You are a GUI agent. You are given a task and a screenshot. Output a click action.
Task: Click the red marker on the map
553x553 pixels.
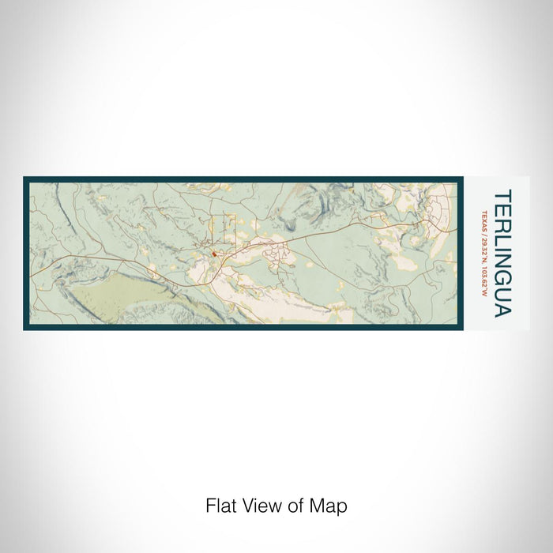pos(213,254)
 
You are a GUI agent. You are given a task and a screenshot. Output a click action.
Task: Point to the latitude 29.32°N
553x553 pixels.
pos(483,248)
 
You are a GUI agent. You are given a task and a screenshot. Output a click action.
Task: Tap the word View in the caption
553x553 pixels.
pos(254,505)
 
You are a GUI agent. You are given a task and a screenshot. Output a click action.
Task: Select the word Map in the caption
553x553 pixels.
pos(331,505)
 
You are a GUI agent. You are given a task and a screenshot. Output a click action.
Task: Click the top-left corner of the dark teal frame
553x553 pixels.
pos(25,179)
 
